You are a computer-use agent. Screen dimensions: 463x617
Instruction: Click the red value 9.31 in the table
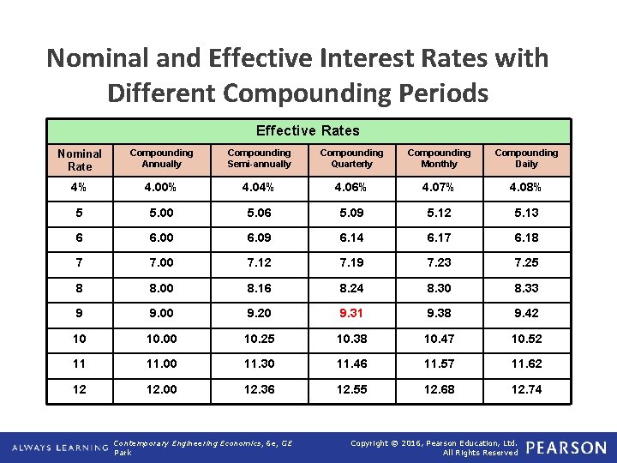click(351, 314)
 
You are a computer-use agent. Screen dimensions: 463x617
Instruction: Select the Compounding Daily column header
click(526, 159)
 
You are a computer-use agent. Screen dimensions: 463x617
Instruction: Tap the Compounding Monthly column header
click(439, 159)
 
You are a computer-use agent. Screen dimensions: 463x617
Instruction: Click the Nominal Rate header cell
click(80, 159)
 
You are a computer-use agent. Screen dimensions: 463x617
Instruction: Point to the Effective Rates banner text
click(308, 130)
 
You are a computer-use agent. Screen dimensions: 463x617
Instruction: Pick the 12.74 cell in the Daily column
click(526, 389)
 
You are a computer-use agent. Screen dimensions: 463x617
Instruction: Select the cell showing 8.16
click(259, 288)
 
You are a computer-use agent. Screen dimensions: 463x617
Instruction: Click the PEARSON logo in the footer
click(566, 448)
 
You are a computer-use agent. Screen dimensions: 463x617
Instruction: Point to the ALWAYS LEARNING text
click(58, 448)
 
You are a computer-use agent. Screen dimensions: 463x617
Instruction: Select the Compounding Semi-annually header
click(259, 159)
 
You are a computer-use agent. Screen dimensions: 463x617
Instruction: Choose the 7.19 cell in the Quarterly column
click(351, 263)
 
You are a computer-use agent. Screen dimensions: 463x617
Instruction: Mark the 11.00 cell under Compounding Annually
click(161, 364)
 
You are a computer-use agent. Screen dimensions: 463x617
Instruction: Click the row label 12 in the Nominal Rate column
click(80, 389)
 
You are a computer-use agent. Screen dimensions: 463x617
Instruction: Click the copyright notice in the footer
click(435, 448)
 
